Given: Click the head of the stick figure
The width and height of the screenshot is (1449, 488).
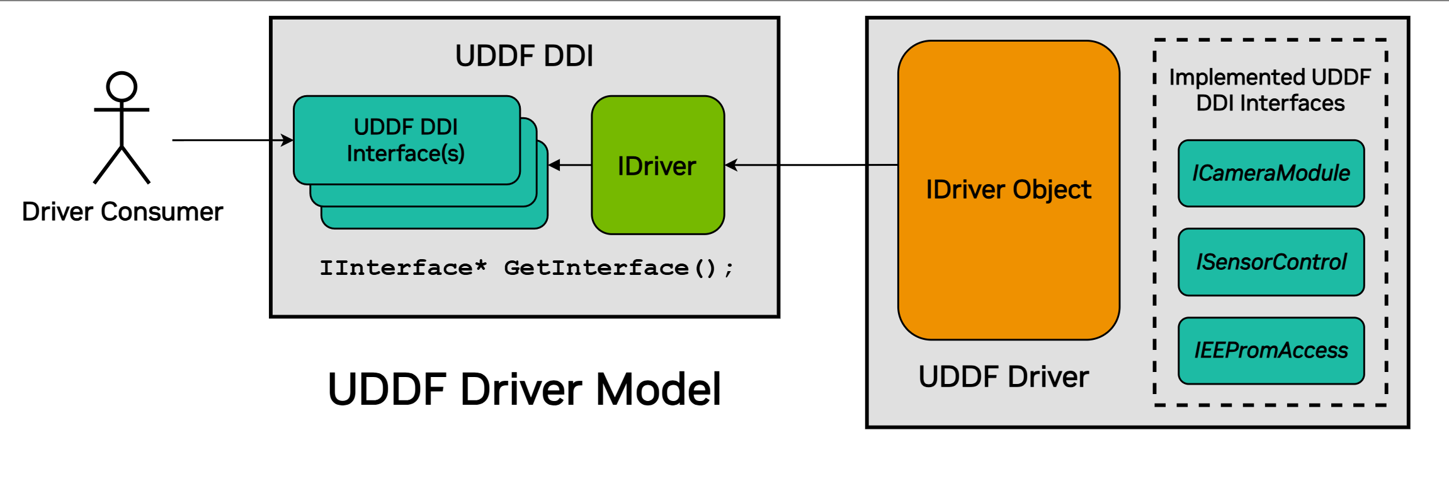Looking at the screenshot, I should click(x=122, y=87).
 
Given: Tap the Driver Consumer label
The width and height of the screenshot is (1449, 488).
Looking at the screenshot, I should click(x=122, y=212).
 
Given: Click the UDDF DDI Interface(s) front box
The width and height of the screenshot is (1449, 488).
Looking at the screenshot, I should click(x=406, y=140).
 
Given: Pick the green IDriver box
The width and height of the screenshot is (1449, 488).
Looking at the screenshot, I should click(x=657, y=165).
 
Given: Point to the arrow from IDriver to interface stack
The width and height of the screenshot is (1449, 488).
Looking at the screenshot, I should click(x=570, y=165).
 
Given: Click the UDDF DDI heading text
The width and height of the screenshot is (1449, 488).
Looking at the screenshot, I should click(x=524, y=55).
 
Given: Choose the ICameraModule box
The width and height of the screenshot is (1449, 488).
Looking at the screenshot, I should click(x=1271, y=173).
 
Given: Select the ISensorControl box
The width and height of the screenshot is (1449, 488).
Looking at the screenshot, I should click(x=1271, y=262).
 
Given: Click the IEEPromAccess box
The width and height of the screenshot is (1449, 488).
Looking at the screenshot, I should click(x=1271, y=350).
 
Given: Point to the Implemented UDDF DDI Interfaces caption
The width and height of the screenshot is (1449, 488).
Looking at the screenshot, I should click(x=1270, y=90).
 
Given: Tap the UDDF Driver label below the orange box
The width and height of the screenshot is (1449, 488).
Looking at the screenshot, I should click(x=1003, y=377).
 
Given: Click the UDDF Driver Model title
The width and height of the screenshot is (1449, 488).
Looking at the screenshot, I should click(x=524, y=389).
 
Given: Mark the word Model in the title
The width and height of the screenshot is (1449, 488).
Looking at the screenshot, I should click(x=658, y=389).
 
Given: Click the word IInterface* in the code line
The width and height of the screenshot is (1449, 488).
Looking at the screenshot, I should click(x=403, y=268).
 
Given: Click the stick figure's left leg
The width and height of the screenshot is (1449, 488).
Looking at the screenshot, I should click(x=107, y=165).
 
